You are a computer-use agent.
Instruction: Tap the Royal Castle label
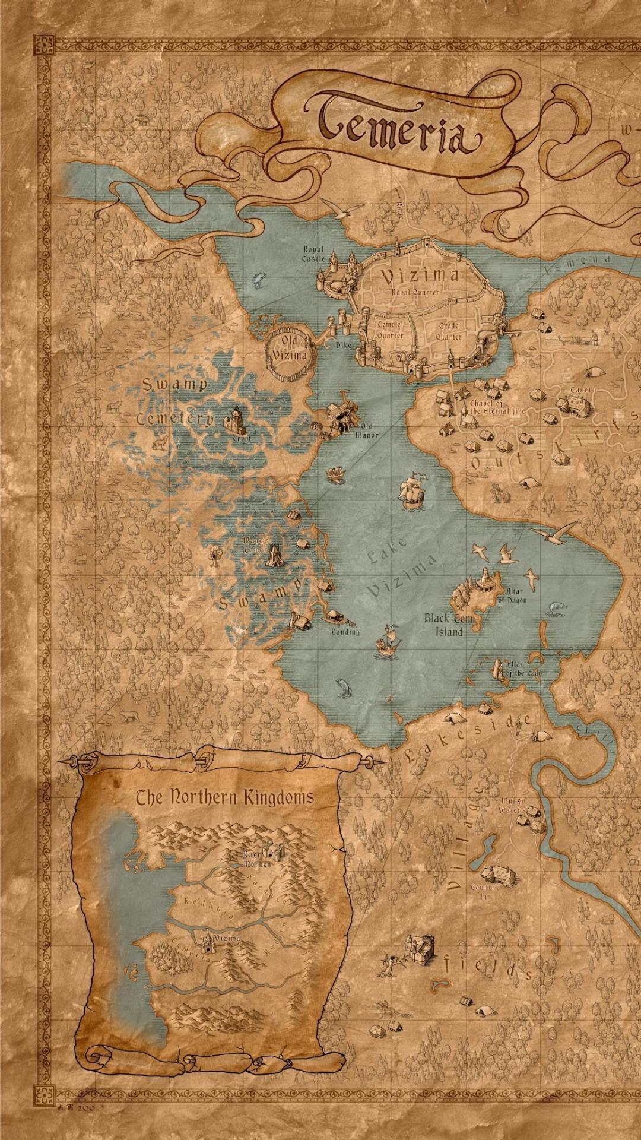click(313, 254)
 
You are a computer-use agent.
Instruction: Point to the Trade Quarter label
click(449, 331)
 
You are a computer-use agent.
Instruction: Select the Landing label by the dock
click(345, 632)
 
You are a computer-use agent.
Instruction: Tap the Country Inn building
click(499, 873)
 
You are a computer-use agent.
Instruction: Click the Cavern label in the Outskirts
click(583, 390)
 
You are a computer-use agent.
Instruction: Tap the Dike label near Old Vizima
click(343, 345)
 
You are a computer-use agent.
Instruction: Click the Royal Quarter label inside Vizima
click(415, 292)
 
